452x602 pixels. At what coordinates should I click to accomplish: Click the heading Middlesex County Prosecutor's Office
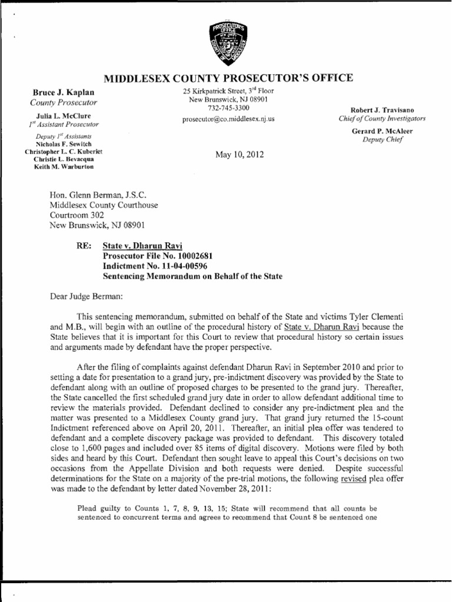(228, 78)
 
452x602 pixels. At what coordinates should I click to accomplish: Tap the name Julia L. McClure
(59, 116)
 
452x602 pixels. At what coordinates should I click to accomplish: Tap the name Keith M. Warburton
(59, 166)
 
